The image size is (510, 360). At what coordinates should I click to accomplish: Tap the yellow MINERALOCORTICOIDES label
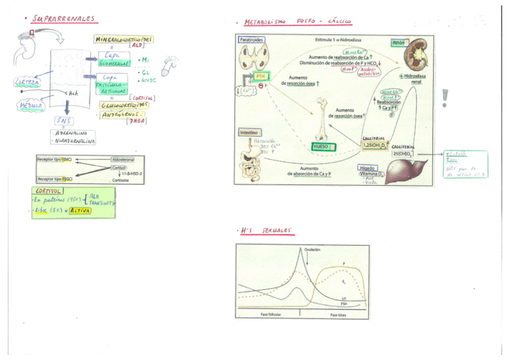[124, 39]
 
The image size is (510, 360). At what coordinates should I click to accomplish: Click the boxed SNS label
[63, 121]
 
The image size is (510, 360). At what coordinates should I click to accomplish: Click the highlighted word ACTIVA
[81, 212]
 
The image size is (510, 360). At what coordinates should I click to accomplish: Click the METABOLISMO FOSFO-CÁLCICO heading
[298, 22]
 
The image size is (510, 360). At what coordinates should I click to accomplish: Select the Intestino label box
[251, 132]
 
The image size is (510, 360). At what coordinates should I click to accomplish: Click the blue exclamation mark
[445, 97]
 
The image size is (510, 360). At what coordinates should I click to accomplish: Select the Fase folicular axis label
[272, 315]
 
